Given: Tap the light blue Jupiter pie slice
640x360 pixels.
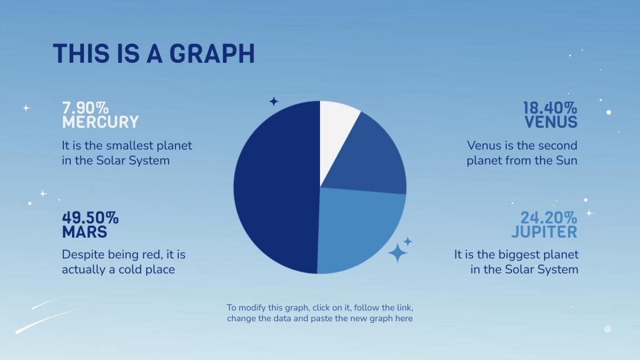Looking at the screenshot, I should [360, 229].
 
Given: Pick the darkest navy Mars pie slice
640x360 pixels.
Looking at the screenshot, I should [274, 189].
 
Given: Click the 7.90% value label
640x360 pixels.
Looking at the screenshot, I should [85, 108].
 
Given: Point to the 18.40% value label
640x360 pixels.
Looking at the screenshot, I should [550, 108].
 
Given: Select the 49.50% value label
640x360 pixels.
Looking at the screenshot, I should [90, 218].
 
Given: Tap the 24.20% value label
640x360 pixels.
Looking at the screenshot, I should [548, 218].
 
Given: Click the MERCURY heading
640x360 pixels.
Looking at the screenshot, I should [100, 122].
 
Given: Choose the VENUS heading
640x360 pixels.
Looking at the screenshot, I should [551, 122].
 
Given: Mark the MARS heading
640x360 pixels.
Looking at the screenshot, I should [85, 233].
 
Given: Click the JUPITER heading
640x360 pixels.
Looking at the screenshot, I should [544, 233].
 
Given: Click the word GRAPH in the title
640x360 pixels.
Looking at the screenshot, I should [212, 54].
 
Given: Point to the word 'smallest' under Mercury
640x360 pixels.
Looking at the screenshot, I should [122, 145].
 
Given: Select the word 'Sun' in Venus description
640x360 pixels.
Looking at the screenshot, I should [566, 161].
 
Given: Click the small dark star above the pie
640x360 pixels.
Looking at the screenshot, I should [274, 102].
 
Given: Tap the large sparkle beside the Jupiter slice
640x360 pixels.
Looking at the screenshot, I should [397, 253].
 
